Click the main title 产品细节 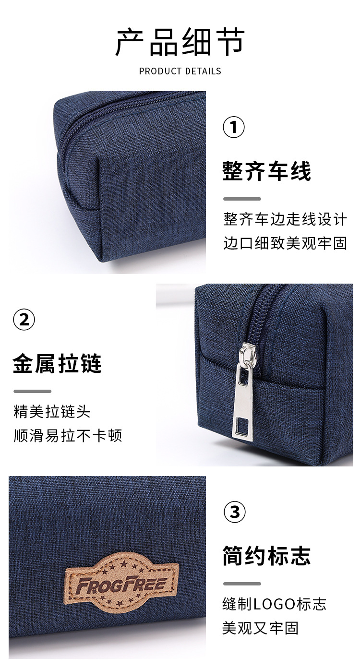click(x=180, y=42)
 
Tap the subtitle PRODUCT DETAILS click(x=180, y=71)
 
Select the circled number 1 click(x=234, y=127)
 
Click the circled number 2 click(x=24, y=320)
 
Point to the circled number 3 click(x=234, y=513)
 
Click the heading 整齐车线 click(x=267, y=171)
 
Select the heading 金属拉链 click(x=57, y=364)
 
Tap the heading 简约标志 click(x=267, y=556)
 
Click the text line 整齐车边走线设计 click(x=285, y=219)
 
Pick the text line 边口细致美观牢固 click(x=285, y=243)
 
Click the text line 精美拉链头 click(x=52, y=412)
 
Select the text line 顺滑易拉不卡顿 click(x=68, y=436)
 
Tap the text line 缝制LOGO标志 click(x=274, y=604)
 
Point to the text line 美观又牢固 click(x=260, y=628)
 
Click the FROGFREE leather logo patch click(x=122, y=584)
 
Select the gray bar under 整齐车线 click(x=242, y=199)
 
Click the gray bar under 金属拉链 click(x=32, y=391)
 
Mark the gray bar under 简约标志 click(x=242, y=584)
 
